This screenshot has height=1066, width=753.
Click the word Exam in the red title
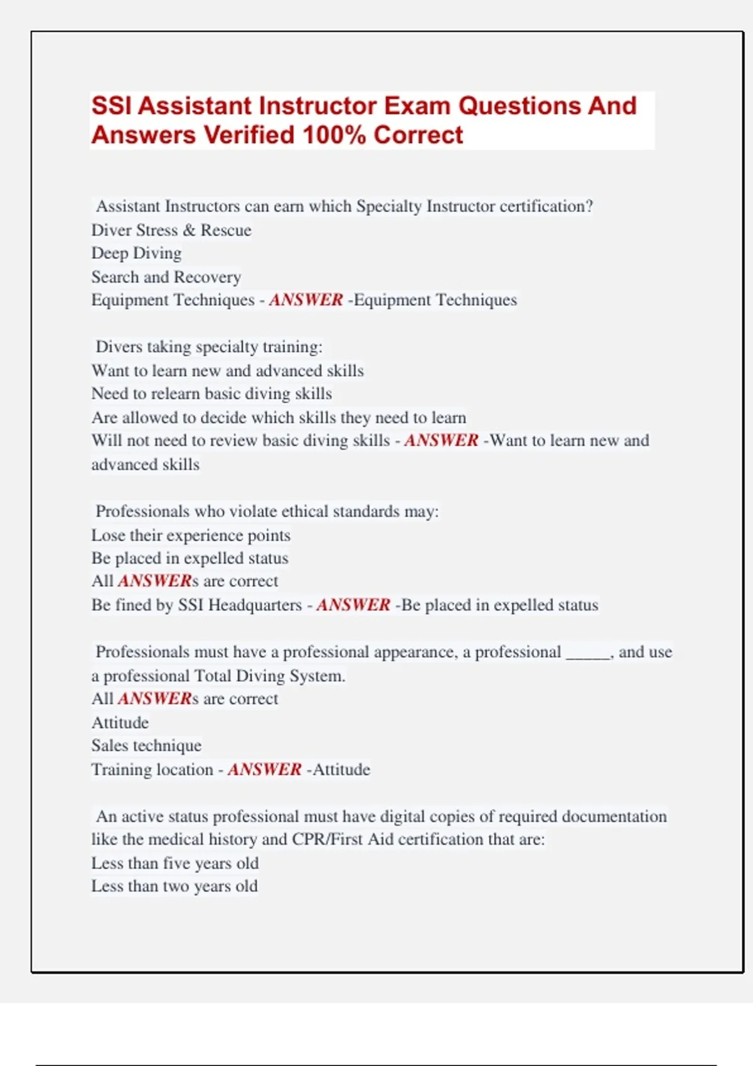coord(417,106)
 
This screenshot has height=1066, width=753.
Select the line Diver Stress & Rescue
coord(171,230)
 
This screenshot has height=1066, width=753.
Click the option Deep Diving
coord(136,253)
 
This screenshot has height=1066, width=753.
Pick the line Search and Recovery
coord(166,277)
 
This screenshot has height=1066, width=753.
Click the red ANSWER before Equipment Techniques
coord(306,300)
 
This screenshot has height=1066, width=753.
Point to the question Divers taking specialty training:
coord(209,347)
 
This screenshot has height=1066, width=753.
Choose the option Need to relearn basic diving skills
coord(211,394)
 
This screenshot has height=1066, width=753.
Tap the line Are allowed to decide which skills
coord(279,418)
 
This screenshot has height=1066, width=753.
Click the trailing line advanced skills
coord(146,465)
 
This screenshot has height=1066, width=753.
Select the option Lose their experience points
coord(191,536)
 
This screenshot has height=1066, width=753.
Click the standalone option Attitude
coord(120,722)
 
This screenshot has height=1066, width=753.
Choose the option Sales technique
coord(146,746)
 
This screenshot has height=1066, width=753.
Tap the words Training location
coord(152,769)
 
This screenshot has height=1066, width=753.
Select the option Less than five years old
coord(175,863)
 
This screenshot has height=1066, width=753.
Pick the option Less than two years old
coord(174,887)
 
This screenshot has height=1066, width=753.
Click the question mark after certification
coord(589,206)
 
